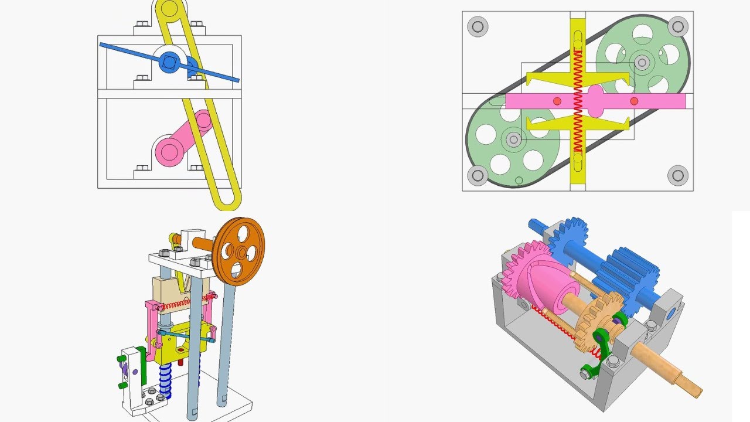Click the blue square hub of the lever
[170, 61]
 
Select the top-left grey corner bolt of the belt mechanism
[478, 26]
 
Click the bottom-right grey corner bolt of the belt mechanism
[678, 175]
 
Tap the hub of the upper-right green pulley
[642, 62]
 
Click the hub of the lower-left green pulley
[514, 139]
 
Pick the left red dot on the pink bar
[557, 101]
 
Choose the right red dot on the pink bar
[634, 101]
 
